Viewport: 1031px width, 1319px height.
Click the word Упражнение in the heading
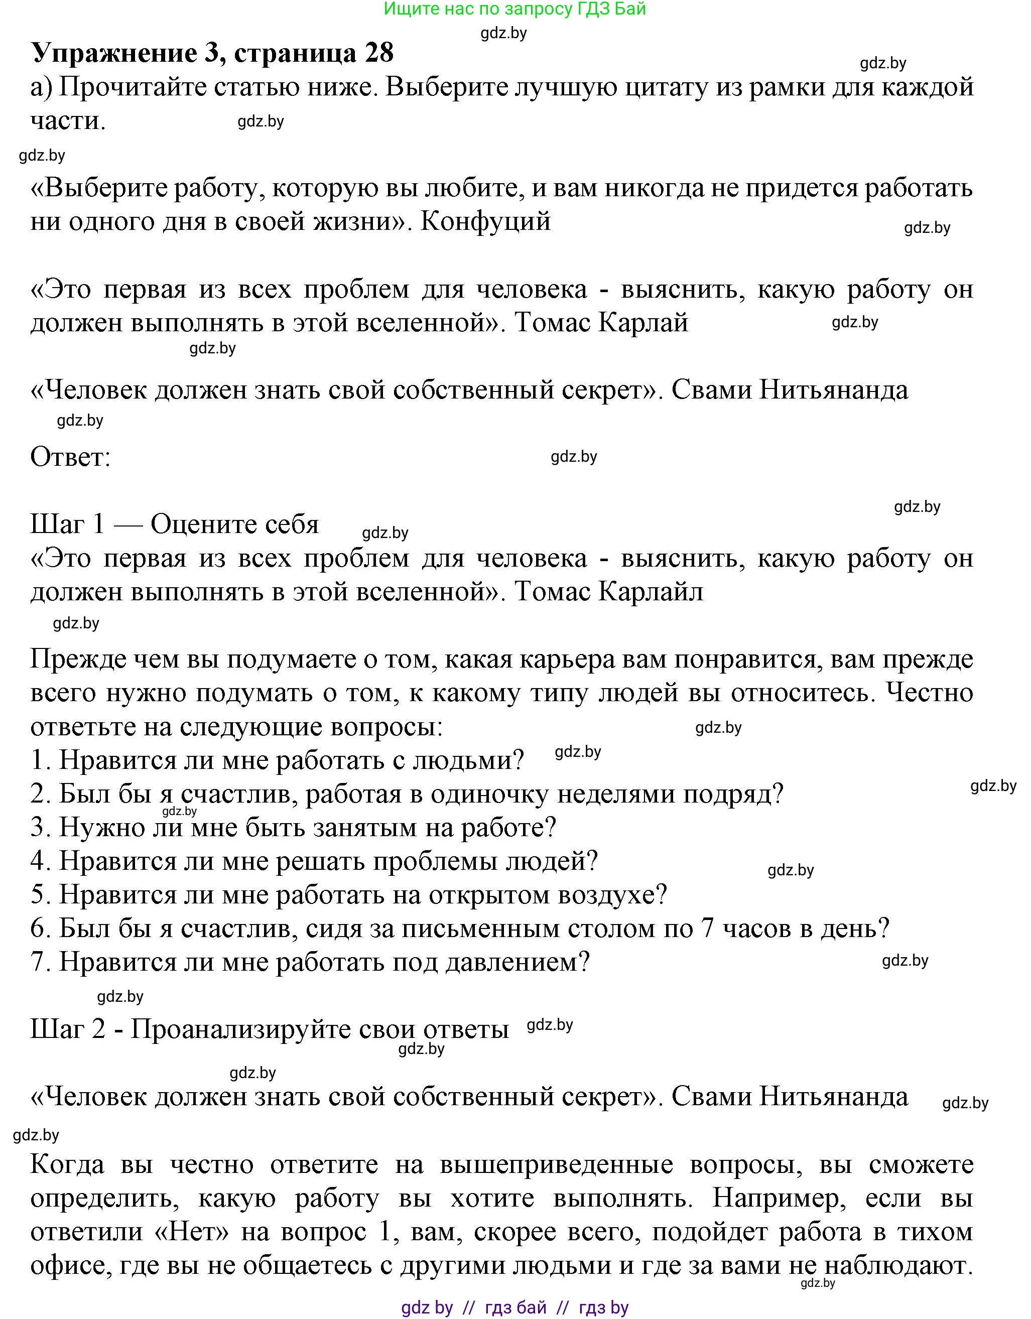click(x=113, y=54)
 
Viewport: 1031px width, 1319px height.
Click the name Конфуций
click(x=485, y=222)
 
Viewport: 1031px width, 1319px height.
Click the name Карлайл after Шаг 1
click(x=651, y=592)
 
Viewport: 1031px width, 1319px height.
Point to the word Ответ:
click(x=71, y=457)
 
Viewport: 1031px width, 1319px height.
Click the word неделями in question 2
click(x=615, y=794)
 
